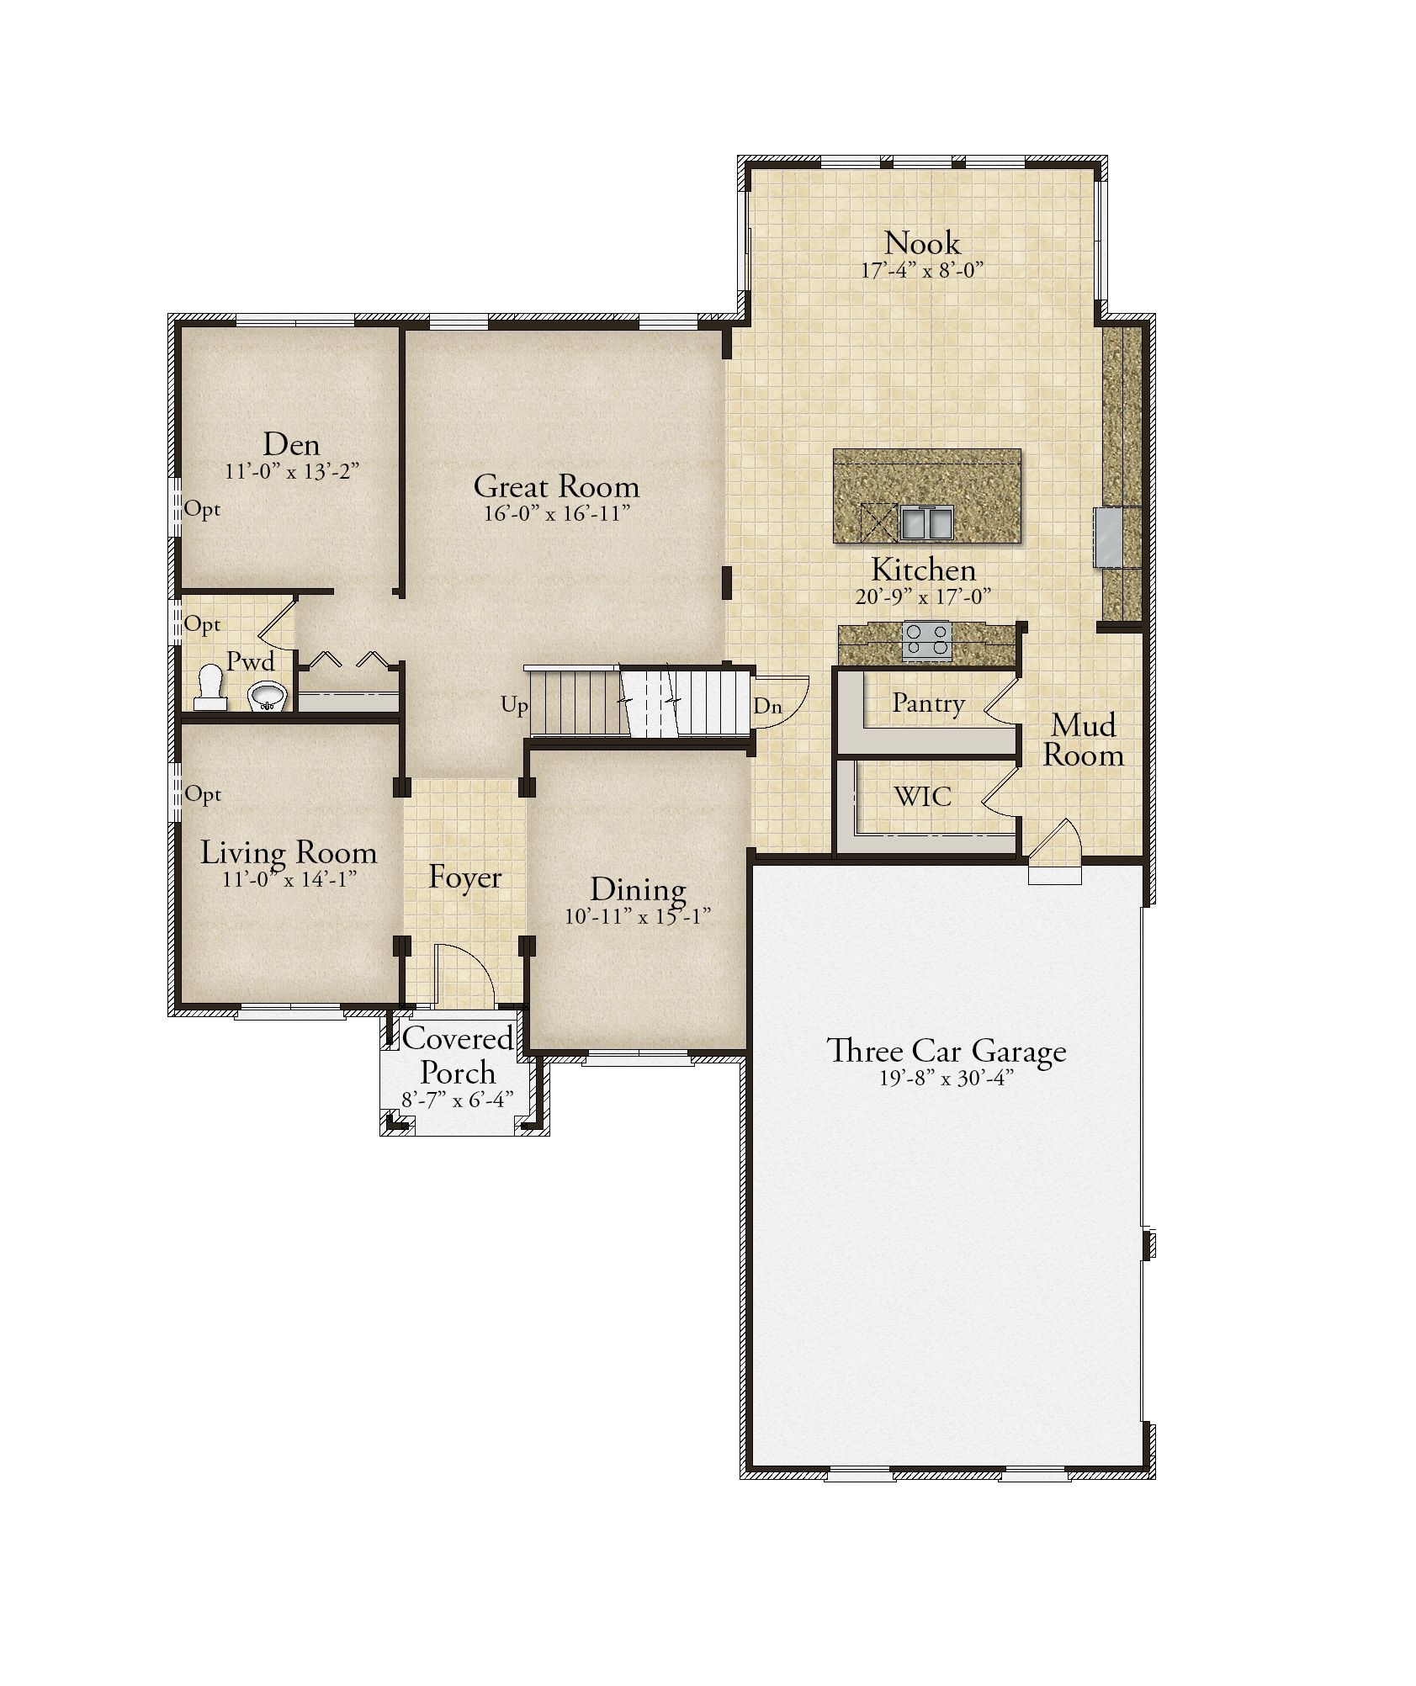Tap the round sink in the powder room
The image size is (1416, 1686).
[268, 695]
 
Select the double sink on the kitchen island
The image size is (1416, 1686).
[927, 522]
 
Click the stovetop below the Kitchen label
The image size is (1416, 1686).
[926, 639]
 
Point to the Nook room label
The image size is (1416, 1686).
[922, 243]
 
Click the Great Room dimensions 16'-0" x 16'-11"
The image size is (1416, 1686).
[556, 514]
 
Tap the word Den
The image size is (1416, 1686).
[291, 443]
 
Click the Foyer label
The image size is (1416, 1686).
[464, 878]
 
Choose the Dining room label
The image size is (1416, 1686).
[638, 890]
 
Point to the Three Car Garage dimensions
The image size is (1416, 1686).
[946, 1079]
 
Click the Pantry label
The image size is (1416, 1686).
[928, 703]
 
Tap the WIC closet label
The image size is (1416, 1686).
[922, 795]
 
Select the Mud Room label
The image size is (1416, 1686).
[1084, 740]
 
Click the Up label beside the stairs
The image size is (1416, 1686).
[514, 705]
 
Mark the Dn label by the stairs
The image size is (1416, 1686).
[767, 706]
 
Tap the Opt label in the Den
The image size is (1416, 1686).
[202, 508]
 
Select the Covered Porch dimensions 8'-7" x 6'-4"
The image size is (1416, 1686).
[457, 1100]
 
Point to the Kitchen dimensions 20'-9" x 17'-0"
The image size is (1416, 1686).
[923, 596]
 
